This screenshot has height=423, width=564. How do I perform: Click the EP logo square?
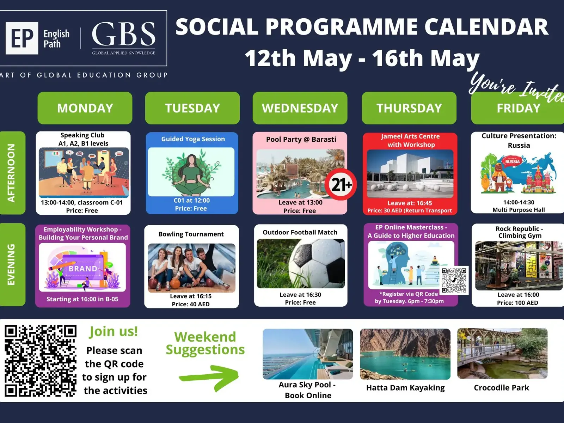(22, 38)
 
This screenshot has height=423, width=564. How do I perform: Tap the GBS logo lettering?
(124, 34)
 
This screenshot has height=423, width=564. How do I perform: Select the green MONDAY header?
(85, 108)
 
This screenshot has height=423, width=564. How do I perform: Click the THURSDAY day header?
(409, 108)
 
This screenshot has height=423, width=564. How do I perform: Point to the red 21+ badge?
(341, 184)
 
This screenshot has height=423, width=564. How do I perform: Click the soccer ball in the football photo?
(317, 263)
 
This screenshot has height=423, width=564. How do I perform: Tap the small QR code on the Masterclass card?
(454, 280)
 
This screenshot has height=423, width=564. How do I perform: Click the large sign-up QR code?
(41, 361)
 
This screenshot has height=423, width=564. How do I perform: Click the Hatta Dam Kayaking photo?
(405, 354)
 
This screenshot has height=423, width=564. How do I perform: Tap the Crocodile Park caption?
(501, 387)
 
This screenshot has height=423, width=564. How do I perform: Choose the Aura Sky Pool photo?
(308, 354)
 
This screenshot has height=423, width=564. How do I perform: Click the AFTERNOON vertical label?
(11, 173)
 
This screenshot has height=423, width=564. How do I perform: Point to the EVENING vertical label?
(11, 264)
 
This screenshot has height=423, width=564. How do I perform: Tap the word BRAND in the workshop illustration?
(83, 269)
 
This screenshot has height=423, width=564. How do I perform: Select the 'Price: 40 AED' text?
(191, 304)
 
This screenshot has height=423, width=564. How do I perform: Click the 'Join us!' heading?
(113, 331)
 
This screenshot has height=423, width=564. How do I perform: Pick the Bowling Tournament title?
(191, 234)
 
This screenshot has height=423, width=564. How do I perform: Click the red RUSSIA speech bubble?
(513, 161)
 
